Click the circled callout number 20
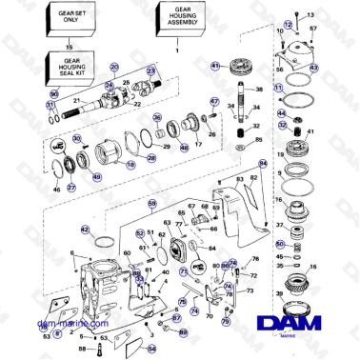click(x=115, y=67)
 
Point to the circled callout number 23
click(x=150, y=71)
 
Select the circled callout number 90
click(x=54, y=94)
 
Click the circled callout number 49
click(x=96, y=176)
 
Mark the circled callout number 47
click(x=214, y=101)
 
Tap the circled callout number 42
click(x=85, y=230)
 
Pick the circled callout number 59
click(x=151, y=204)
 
